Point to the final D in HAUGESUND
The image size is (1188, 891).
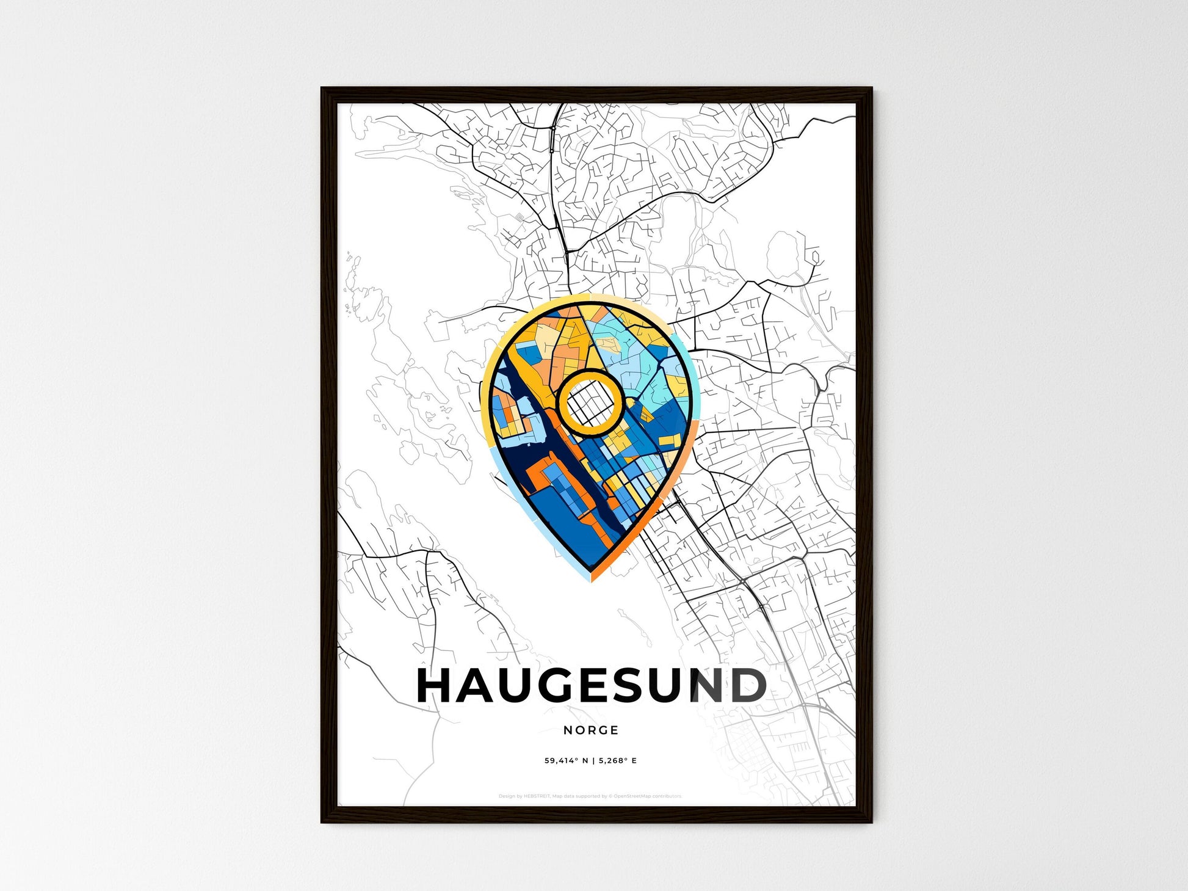click(x=746, y=686)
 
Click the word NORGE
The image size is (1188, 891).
click(x=591, y=730)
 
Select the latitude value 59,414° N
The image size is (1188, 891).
click(x=567, y=761)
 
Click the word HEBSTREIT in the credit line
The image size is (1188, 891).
click(x=537, y=796)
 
